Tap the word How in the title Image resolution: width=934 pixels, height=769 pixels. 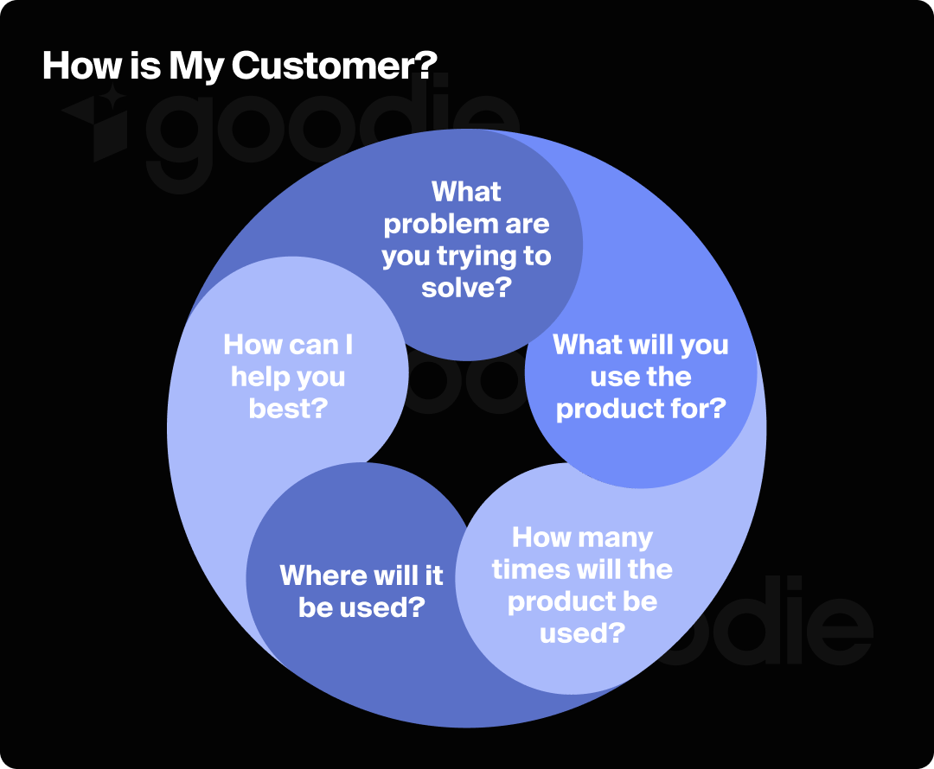click(73, 66)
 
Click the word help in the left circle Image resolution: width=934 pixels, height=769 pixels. click(252, 377)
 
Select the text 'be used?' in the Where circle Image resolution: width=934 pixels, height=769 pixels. click(361, 607)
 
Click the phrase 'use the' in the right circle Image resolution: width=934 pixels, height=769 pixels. click(640, 377)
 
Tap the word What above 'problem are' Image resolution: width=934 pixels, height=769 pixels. click(466, 192)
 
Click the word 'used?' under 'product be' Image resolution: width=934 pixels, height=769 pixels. click(582, 633)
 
